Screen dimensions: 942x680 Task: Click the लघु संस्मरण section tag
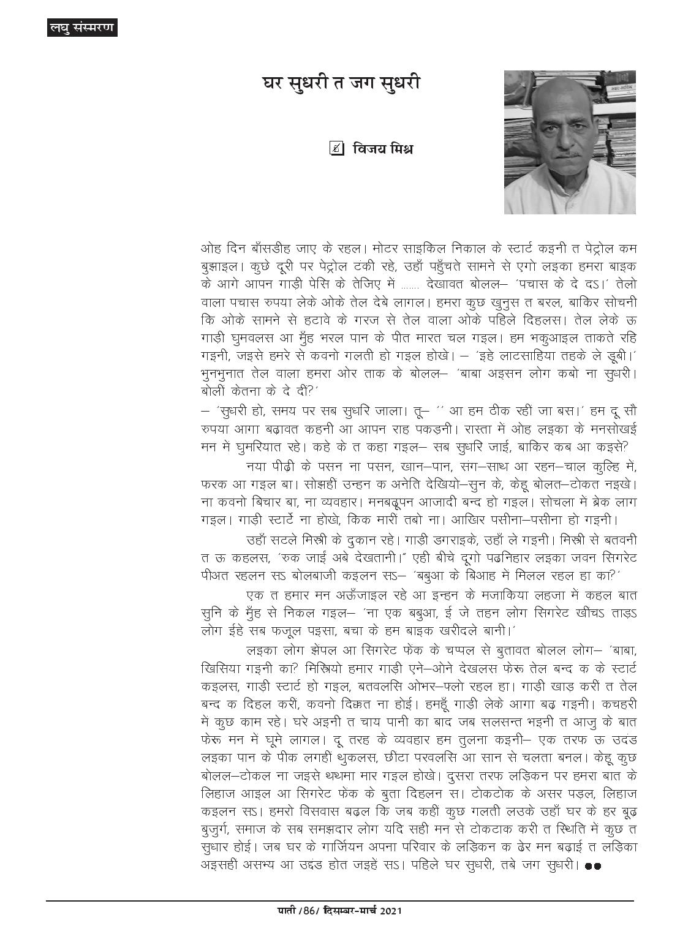click(x=81, y=28)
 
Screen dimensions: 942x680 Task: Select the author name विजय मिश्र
click(x=383, y=149)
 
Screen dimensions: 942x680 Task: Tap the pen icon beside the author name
click(x=336, y=148)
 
